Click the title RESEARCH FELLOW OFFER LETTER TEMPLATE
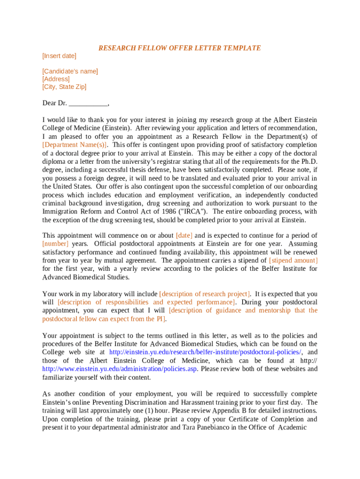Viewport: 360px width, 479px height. (x=180, y=48)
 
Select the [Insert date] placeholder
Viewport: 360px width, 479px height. (x=59, y=56)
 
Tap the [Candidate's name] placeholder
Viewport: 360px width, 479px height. (x=70, y=71)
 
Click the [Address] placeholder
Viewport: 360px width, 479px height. (x=56, y=79)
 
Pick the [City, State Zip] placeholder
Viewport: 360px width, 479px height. (x=64, y=87)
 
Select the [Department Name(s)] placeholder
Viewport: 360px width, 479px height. (x=75, y=145)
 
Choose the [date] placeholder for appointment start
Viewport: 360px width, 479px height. (x=184, y=236)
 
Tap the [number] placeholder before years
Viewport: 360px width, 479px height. (x=55, y=244)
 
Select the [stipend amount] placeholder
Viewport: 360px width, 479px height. (x=293, y=261)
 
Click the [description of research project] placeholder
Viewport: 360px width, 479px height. (x=204, y=294)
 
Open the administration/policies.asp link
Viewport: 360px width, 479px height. (x=120, y=369)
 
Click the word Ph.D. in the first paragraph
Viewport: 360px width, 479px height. (x=309, y=162)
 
